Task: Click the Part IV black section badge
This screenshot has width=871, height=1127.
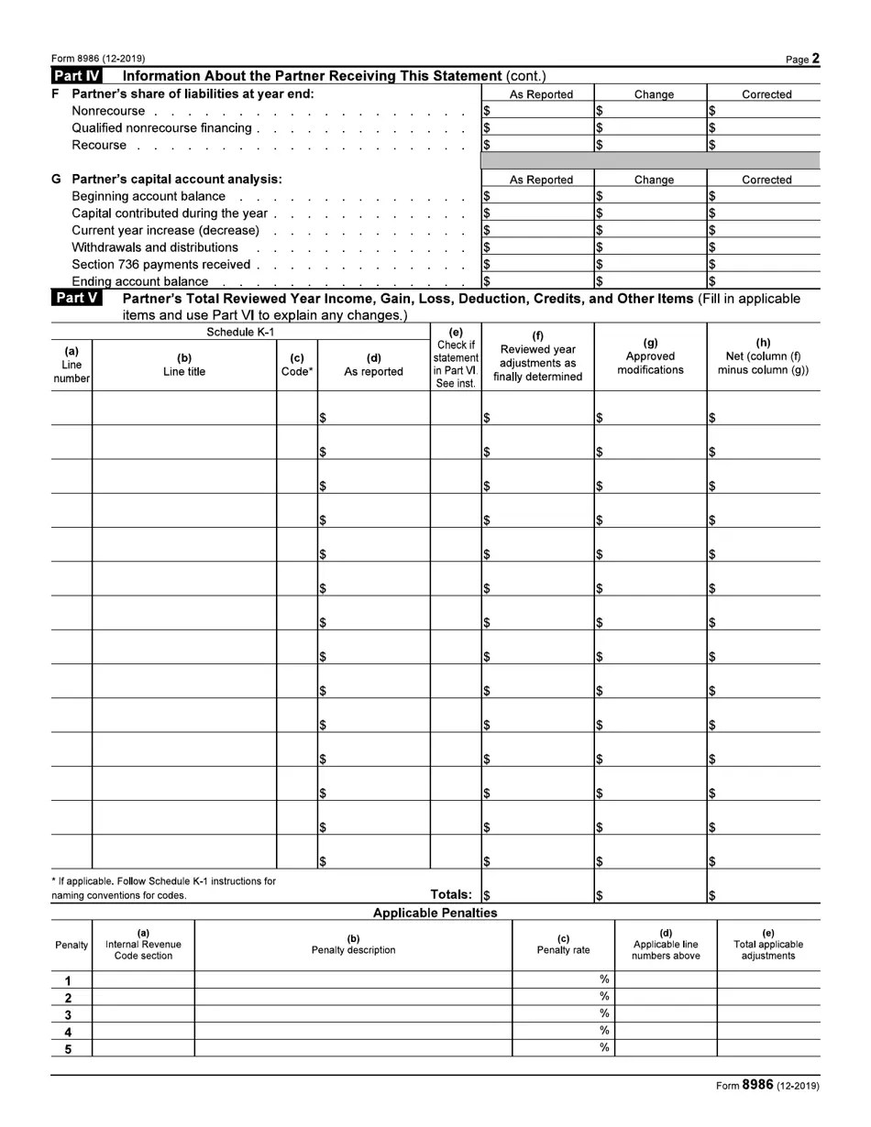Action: [78, 76]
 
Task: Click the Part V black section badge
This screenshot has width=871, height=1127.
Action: [78, 299]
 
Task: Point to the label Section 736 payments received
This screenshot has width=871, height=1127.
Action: [160, 265]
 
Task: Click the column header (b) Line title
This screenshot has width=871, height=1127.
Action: [184, 365]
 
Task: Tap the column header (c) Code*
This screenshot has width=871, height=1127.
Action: [296, 365]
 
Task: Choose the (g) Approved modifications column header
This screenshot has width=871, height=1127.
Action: [650, 356]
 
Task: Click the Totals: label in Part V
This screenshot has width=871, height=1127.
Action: [451, 894]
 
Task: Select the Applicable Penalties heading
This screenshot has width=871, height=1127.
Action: [435, 913]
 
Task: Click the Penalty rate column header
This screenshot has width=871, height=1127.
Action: [563, 945]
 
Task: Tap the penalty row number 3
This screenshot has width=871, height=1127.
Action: [69, 1015]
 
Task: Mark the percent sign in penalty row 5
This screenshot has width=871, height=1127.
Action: [604, 1048]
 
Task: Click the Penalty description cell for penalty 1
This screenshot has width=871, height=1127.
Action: [353, 980]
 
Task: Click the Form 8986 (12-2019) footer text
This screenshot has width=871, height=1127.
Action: [767, 1086]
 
